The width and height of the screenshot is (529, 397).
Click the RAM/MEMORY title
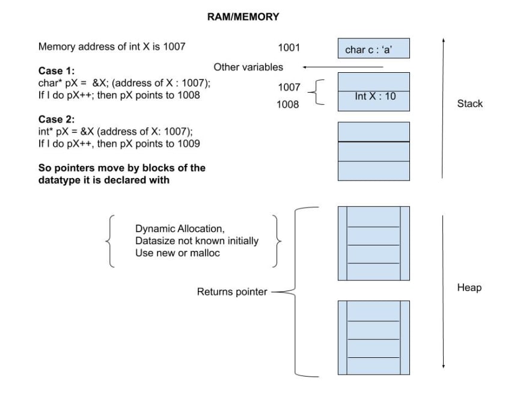coord(243,17)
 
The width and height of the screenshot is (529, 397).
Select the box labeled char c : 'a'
coord(374,48)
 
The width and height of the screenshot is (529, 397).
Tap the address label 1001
coord(289,48)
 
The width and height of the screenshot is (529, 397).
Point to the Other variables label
coord(248,67)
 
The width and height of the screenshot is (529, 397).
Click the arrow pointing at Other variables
coord(343,67)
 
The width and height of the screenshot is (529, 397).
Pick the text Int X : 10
coord(375,96)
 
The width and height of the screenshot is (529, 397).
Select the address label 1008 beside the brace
coord(288,104)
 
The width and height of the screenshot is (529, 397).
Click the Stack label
coord(469,103)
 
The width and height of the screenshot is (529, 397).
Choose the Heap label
coord(469,288)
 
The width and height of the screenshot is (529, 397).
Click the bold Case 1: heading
coord(57,71)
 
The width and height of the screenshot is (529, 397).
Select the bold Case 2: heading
coord(57,120)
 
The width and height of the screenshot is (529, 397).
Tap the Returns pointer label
coord(232,292)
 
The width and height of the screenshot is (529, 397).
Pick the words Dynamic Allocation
coord(180,229)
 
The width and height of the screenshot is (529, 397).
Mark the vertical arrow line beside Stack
coord(443,108)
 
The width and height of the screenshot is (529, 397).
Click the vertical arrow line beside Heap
coord(443,292)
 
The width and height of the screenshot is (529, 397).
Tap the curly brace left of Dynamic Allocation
coord(110,241)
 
